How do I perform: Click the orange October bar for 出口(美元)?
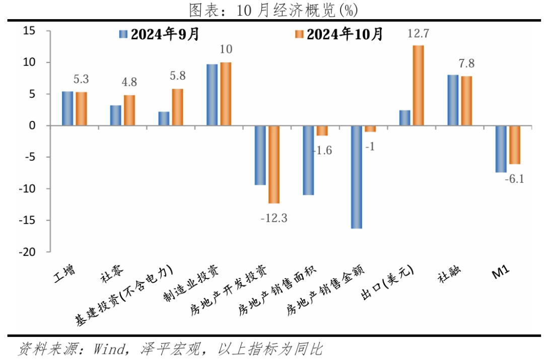(418, 86)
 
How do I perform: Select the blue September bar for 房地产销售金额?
(357, 177)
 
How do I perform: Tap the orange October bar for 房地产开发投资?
(274, 164)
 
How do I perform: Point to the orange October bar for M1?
(514, 145)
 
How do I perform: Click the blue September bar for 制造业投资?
(212, 95)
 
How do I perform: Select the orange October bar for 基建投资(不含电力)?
(177, 107)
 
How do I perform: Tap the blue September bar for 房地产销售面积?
(308, 160)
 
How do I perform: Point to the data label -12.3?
(273, 219)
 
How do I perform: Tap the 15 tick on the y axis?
(30, 31)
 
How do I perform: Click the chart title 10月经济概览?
(273, 9)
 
